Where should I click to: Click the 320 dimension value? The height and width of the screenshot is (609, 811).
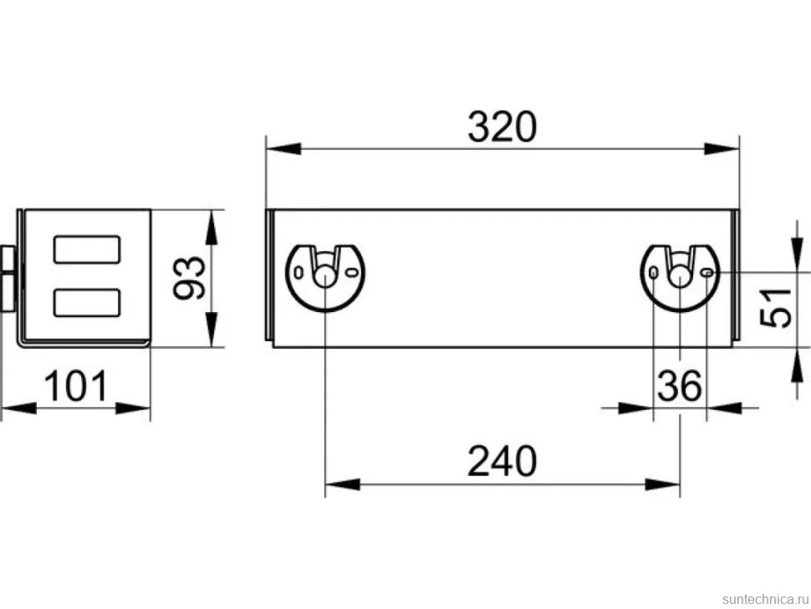tap(502, 127)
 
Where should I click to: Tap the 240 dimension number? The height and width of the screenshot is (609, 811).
tap(502, 461)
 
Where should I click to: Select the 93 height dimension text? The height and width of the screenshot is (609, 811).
tap(189, 278)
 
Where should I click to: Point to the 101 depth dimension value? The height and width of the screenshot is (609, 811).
tap(76, 386)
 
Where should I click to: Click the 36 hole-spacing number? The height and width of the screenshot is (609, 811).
tap(680, 386)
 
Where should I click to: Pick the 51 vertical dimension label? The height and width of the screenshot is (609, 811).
tap(776, 308)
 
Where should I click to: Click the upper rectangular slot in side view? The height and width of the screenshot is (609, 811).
tap(88, 249)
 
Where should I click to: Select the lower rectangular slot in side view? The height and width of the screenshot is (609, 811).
tap(88, 303)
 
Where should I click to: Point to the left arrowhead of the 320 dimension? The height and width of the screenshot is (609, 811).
tap(283, 149)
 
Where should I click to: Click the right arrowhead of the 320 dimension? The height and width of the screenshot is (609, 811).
tap(722, 149)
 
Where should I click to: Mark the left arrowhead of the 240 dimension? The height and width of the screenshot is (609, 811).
tap(343, 485)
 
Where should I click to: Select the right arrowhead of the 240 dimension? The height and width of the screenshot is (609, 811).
tap(662, 485)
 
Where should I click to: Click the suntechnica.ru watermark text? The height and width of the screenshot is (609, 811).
tap(766, 599)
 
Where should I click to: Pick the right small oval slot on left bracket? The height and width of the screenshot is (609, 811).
tap(351, 272)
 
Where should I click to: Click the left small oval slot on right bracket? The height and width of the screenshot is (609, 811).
tap(654, 272)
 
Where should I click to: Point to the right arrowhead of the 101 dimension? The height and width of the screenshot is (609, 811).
tap(132, 407)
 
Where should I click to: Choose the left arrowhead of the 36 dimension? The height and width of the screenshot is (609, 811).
tap(636, 407)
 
